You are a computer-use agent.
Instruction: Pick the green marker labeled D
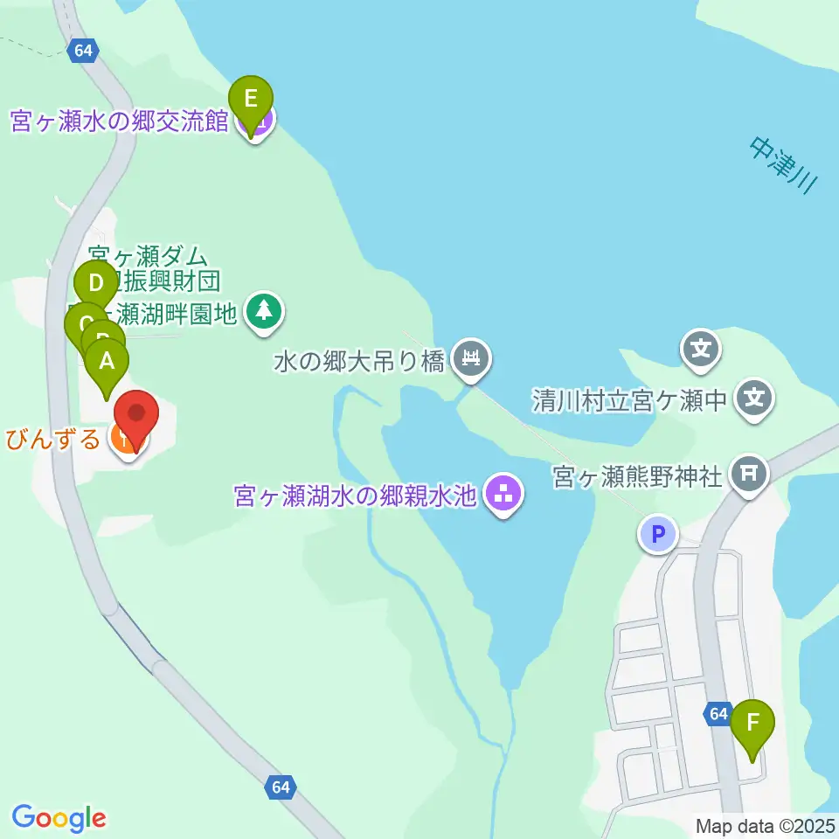pyautogui.click(x=96, y=285)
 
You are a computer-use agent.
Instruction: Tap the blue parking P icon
pyautogui.click(x=658, y=533)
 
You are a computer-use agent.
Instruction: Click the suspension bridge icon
pyautogui.click(x=471, y=358)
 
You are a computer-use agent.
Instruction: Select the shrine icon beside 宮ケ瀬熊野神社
pyautogui.click(x=749, y=475)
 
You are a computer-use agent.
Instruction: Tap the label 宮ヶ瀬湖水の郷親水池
pyautogui.click(x=355, y=496)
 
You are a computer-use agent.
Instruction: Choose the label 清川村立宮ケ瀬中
pyautogui.click(x=629, y=401)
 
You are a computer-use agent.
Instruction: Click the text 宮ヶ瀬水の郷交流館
pyautogui.click(x=119, y=121)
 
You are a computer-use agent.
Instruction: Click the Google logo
pyautogui.click(x=59, y=818)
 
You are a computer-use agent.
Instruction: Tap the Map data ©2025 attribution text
pyautogui.click(x=766, y=825)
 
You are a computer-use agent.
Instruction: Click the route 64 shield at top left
pyautogui.click(x=83, y=51)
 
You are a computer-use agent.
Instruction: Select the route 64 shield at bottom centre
pyautogui.click(x=280, y=787)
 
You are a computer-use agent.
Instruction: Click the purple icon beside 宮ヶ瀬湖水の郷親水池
pyautogui.click(x=503, y=495)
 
